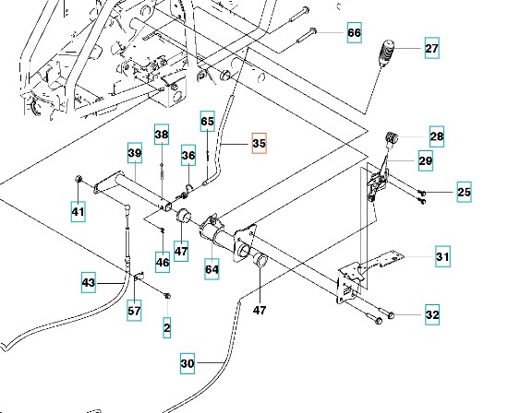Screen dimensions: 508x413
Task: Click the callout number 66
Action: point(354,32)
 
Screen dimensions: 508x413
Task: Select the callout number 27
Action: point(432,48)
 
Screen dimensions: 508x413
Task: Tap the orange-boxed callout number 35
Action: point(260,143)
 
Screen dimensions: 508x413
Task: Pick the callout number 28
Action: point(437,136)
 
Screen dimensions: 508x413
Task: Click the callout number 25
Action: point(464,192)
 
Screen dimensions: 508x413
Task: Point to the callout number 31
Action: point(442,256)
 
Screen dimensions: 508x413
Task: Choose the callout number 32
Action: point(432,314)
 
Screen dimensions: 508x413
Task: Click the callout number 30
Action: point(187,363)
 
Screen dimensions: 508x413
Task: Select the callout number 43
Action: point(89,283)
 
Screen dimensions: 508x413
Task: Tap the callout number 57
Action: point(134,311)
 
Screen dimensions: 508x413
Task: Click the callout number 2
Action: point(167,328)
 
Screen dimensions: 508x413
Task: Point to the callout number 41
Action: point(79,212)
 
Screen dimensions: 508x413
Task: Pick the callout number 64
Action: point(212,269)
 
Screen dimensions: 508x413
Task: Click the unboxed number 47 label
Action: point(260,311)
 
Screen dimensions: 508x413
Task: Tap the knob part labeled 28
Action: point(392,137)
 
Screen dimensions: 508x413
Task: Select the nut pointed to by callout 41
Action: point(79,179)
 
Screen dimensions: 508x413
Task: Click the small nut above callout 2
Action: point(167,296)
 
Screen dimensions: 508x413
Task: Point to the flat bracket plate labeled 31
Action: point(382,259)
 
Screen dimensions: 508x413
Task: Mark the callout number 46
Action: point(163,262)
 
